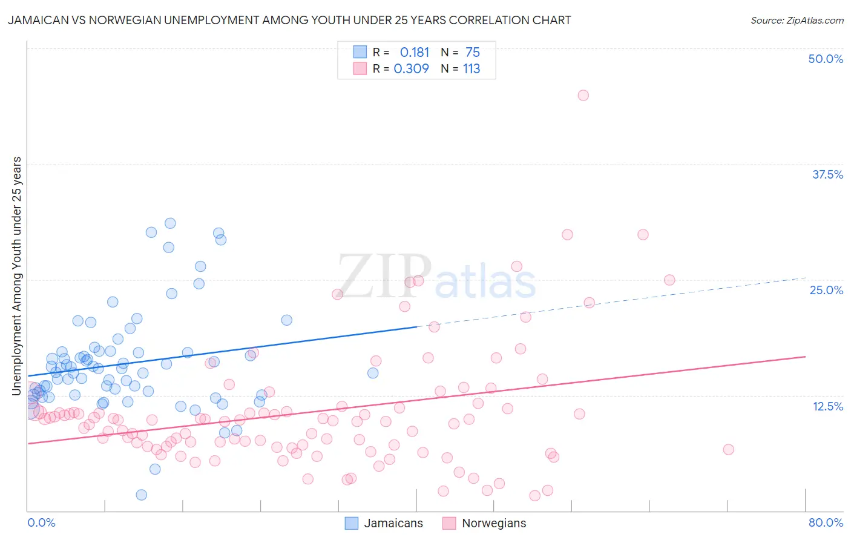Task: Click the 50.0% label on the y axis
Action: tap(826, 59)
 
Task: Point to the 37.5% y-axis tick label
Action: tap(827, 174)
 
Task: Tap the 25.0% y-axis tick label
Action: tap(826, 290)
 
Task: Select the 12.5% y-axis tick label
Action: tap(827, 406)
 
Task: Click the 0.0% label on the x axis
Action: tap(41, 522)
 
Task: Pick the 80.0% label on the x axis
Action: tap(826, 522)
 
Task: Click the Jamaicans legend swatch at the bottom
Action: tap(352, 523)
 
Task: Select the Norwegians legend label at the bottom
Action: tap(494, 523)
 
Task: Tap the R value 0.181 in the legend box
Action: tap(415, 53)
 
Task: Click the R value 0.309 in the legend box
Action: tap(412, 69)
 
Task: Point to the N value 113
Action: tap(471, 69)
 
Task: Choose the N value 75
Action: tap(473, 53)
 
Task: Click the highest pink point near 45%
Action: tap(583, 95)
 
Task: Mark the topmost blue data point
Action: tap(170, 223)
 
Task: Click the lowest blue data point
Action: tap(142, 495)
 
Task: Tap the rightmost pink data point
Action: tap(728, 449)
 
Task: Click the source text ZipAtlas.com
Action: tap(797, 21)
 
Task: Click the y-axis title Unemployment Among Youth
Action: tap(17, 276)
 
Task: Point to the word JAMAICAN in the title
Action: tap(35, 21)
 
